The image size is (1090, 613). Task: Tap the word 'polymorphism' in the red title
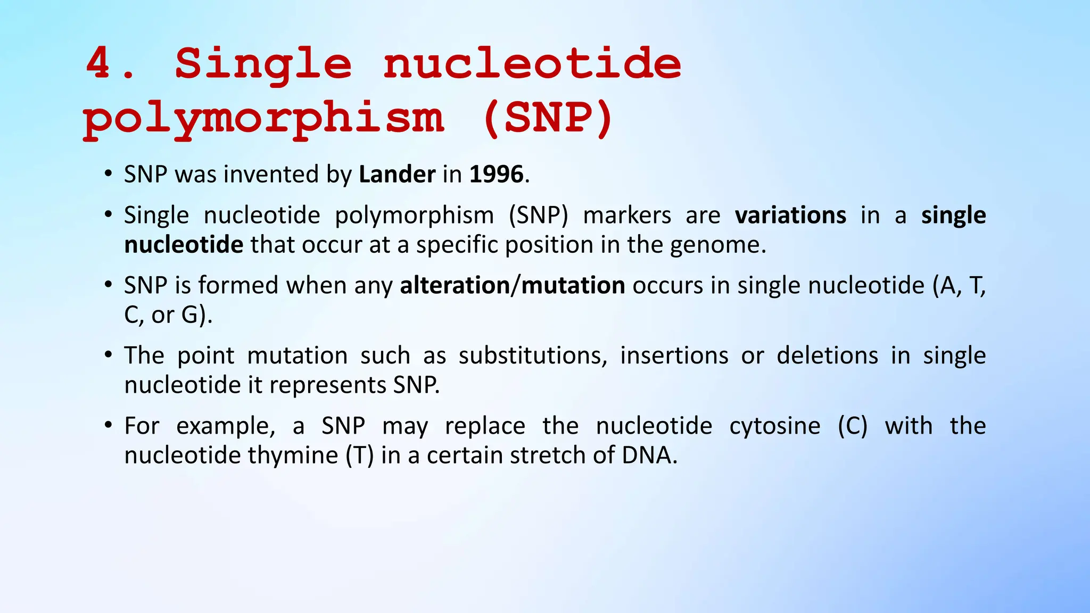coord(263,118)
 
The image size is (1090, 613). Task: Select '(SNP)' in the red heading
coord(548,118)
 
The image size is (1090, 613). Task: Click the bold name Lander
coord(397,175)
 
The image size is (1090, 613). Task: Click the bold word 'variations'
coord(790,216)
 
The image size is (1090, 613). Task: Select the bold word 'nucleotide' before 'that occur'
coord(184,245)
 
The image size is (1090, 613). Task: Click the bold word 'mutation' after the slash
coord(573,286)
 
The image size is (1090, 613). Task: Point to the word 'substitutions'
coord(532,355)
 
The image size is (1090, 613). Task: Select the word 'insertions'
coord(674,355)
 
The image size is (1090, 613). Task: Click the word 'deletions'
coord(827,355)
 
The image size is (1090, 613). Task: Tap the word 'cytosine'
coord(774,426)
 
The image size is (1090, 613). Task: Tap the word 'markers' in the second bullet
coord(627,216)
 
